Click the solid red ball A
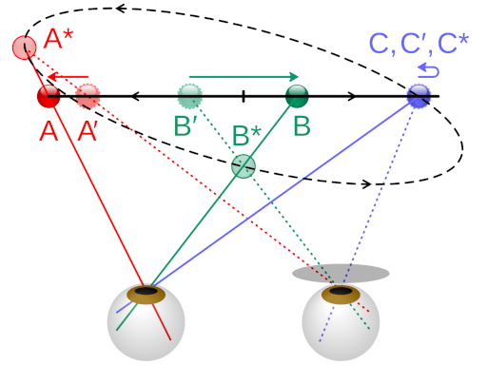click(49, 95)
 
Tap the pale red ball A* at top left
click(25, 47)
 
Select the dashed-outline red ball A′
click(88, 95)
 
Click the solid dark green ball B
click(298, 95)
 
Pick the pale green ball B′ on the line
click(189, 95)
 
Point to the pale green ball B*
click(244, 165)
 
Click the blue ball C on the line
click(419, 95)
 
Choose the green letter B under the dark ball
click(301, 126)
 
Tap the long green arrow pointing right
click(243, 76)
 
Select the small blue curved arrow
click(428, 70)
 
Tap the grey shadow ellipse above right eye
click(341, 274)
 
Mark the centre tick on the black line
click(243, 95)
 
